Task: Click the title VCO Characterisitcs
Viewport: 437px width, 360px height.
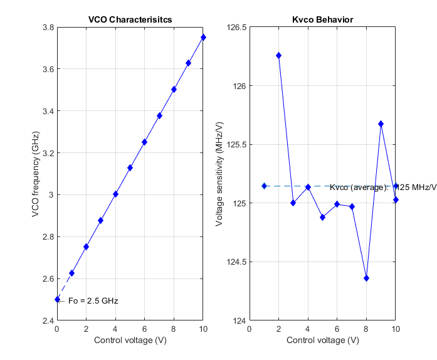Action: (130, 20)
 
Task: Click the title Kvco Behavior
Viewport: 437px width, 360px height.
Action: (322, 20)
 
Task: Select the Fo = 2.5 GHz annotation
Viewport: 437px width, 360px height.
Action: (93, 300)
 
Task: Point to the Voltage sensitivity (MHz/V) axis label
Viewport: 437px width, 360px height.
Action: (219, 174)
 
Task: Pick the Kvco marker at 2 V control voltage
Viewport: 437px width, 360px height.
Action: (278, 56)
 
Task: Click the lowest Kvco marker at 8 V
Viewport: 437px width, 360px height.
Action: (366, 278)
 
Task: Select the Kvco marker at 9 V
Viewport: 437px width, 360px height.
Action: (381, 124)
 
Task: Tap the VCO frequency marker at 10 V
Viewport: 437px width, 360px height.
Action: (203, 38)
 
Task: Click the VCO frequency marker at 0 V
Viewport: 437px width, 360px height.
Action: (57, 300)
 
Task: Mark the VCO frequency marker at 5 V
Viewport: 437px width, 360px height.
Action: (130, 168)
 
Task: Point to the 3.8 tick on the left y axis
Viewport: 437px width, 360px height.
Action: (48, 28)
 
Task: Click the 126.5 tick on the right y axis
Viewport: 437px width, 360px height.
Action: (236, 28)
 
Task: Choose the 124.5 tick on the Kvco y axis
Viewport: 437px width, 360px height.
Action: (236, 262)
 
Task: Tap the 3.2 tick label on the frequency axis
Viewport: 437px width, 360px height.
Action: (48, 153)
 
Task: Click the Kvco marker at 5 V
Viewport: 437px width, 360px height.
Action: (322, 217)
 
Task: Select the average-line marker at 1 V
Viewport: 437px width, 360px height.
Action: (264, 186)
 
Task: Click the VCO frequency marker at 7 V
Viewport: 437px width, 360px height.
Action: (159, 116)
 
